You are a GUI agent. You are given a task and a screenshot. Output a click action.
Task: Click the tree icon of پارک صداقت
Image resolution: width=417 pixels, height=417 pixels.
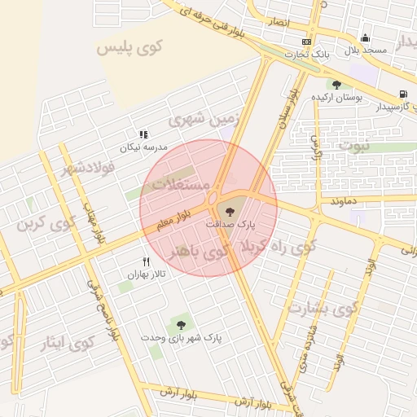[x=229, y=211]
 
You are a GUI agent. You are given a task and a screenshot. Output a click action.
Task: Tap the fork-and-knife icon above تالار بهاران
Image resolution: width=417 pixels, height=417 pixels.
[x=147, y=262]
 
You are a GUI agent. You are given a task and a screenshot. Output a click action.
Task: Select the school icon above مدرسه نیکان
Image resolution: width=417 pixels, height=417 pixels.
[x=143, y=134]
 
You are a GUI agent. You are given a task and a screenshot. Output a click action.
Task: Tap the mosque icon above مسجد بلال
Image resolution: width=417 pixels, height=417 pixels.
[x=364, y=37]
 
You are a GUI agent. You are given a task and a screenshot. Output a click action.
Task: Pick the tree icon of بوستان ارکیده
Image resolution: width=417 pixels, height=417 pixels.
[x=336, y=85]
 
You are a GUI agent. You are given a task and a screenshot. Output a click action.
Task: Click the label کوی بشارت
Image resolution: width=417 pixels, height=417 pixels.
[x=322, y=309]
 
